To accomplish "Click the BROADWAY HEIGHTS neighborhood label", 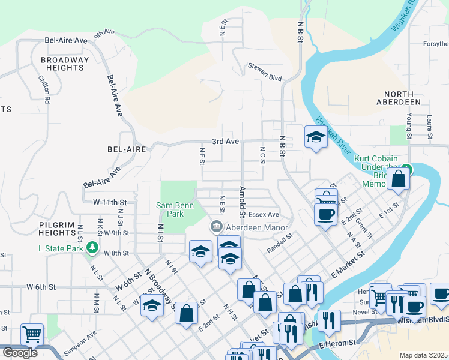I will click(65, 64).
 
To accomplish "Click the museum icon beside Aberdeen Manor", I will click(215, 227).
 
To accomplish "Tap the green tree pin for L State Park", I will click(91, 247).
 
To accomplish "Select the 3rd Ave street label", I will click(226, 142).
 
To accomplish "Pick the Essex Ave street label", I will click(264, 214).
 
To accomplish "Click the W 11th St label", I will click(111, 203).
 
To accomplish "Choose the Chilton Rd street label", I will click(43, 88).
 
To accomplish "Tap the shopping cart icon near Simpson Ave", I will click(32, 334).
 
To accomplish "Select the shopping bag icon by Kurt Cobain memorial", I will click(398, 179).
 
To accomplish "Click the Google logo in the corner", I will click(19, 353).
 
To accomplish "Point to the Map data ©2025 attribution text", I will click(423, 355).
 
